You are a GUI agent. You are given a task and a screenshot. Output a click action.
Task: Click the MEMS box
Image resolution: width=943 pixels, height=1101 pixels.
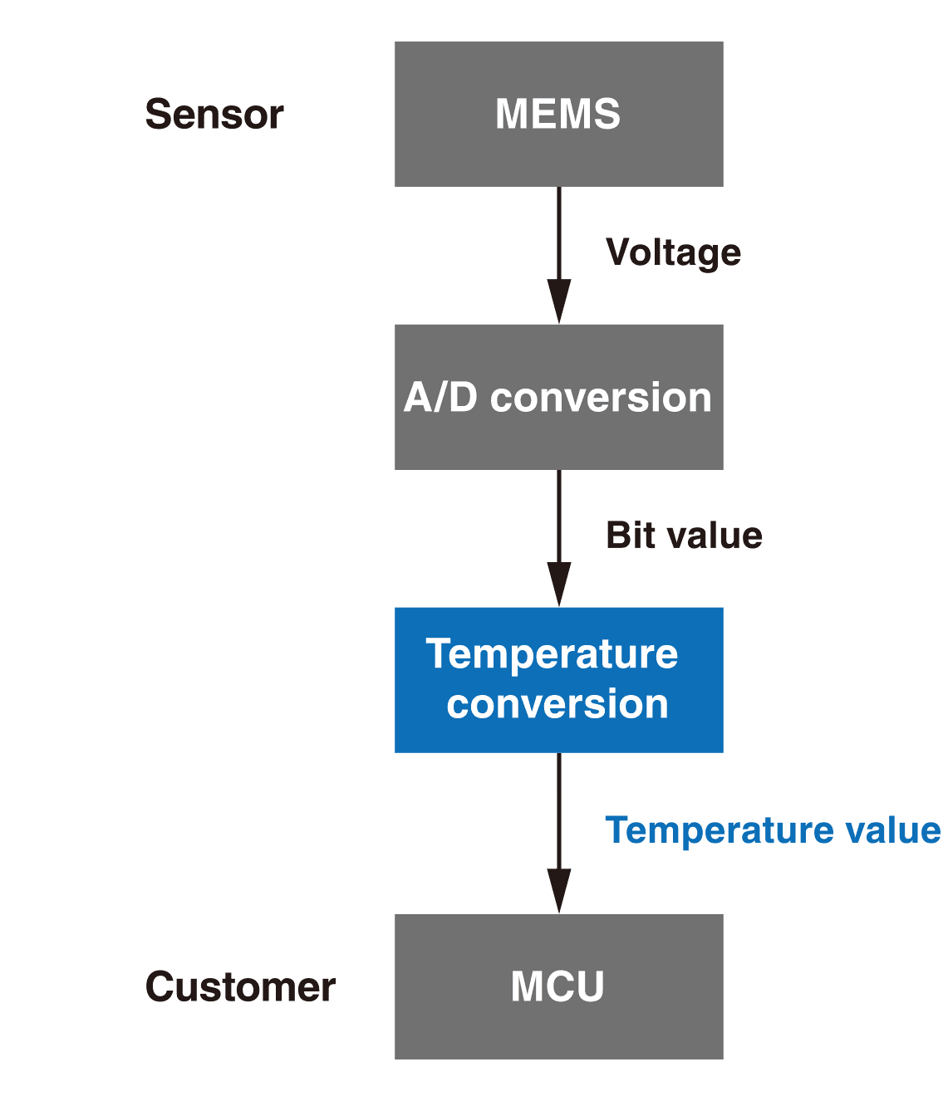click(x=558, y=114)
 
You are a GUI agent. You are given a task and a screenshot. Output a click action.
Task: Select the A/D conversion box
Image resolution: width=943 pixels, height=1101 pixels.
click(x=558, y=397)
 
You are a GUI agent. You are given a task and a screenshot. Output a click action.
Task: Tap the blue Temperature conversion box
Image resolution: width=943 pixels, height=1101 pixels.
click(x=558, y=680)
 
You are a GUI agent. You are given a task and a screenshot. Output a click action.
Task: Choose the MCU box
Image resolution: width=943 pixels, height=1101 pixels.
click(x=558, y=986)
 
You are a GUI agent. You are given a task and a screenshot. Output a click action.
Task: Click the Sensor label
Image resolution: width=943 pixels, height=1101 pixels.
click(x=214, y=115)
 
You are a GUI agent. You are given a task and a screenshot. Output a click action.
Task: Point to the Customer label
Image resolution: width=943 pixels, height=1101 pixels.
click(x=240, y=987)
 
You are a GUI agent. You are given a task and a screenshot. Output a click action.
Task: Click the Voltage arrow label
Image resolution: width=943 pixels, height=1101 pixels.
click(x=673, y=252)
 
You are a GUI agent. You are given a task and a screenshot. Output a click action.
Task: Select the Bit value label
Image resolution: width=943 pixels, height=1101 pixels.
click(x=684, y=536)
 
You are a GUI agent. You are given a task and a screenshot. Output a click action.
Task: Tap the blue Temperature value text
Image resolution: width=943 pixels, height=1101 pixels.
click(x=773, y=830)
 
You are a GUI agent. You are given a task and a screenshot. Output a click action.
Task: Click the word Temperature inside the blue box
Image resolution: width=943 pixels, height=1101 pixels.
click(x=552, y=654)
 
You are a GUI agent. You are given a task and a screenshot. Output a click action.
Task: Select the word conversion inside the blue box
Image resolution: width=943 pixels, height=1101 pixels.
click(x=557, y=705)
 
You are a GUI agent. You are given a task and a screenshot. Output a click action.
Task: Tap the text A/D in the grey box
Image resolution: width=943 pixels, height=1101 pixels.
click(x=440, y=398)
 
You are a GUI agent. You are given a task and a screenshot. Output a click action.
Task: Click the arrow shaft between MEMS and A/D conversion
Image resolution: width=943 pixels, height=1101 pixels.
click(x=559, y=232)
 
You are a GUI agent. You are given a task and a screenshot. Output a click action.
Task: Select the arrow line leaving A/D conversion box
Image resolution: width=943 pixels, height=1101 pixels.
click(x=559, y=515)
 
